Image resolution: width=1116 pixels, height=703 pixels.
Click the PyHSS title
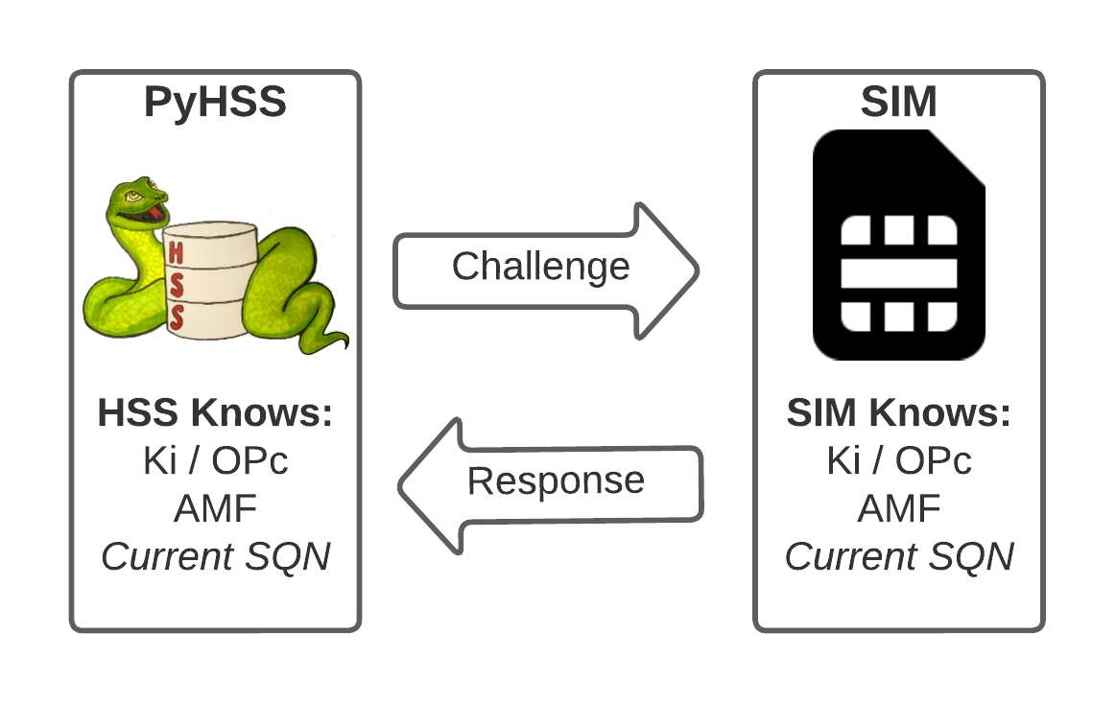pyautogui.click(x=215, y=102)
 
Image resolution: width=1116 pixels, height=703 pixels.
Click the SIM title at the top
pyautogui.click(x=898, y=102)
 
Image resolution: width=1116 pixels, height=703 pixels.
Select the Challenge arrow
pyautogui.click(x=545, y=269)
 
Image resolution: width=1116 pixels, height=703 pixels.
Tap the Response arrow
pyautogui.click(x=551, y=483)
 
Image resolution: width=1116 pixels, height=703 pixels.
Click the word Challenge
pyautogui.click(x=540, y=267)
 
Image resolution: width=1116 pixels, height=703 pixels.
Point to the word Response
pyautogui.click(x=556, y=480)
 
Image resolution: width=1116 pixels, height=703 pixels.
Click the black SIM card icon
pyautogui.click(x=898, y=246)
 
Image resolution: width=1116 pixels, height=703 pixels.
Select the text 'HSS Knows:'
pyautogui.click(x=215, y=414)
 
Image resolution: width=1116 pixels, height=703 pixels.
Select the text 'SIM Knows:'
pyautogui.click(x=898, y=414)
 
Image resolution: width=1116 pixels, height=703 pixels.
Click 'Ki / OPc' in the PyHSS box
pyautogui.click(x=215, y=461)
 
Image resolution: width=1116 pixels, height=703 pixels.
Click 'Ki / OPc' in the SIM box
pyautogui.click(x=898, y=461)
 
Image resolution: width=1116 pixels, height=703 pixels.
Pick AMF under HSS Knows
pyautogui.click(x=215, y=508)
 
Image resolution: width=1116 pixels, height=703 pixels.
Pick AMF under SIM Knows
pyautogui.click(x=898, y=508)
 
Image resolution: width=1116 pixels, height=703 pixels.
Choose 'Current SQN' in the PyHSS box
pyautogui.click(x=215, y=556)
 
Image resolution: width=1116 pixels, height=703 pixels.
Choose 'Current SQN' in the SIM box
pyautogui.click(x=898, y=556)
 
